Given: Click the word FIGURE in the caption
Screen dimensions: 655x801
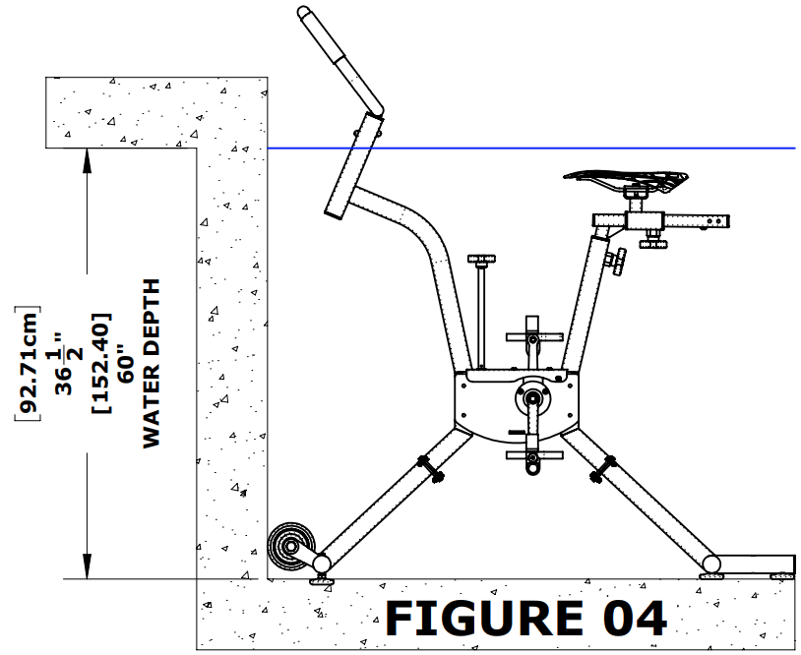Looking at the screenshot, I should pyautogui.click(x=476, y=618).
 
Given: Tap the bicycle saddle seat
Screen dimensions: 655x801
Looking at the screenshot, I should pyautogui.click(x=625, y=180).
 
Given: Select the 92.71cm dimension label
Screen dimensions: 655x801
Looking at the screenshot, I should pyautogui.click(x=31, y=363).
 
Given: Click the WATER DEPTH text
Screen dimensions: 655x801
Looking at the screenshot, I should pyautogui.click(x=152, y=363).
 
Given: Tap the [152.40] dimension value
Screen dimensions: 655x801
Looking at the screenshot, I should pyautogui.click(x=101, y=363).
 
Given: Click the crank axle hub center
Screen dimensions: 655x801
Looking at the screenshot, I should pyautogui.click(x=532, y=398).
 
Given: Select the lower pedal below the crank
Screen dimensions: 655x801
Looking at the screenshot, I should pyautogui.click(x=531, y=457).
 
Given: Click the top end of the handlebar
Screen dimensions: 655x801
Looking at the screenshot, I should pyautogui.click(x=306, y=14).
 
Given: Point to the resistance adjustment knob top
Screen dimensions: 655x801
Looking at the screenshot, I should pyautogui.click(x=481, y=261).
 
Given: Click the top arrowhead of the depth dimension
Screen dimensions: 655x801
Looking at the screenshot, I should pyautogui.click(x=88, y=157).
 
